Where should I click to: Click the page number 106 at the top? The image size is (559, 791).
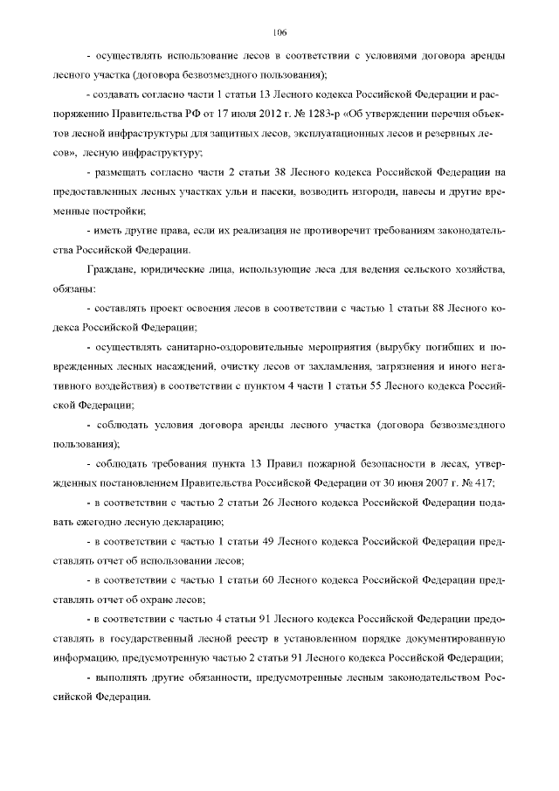[279, 33]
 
